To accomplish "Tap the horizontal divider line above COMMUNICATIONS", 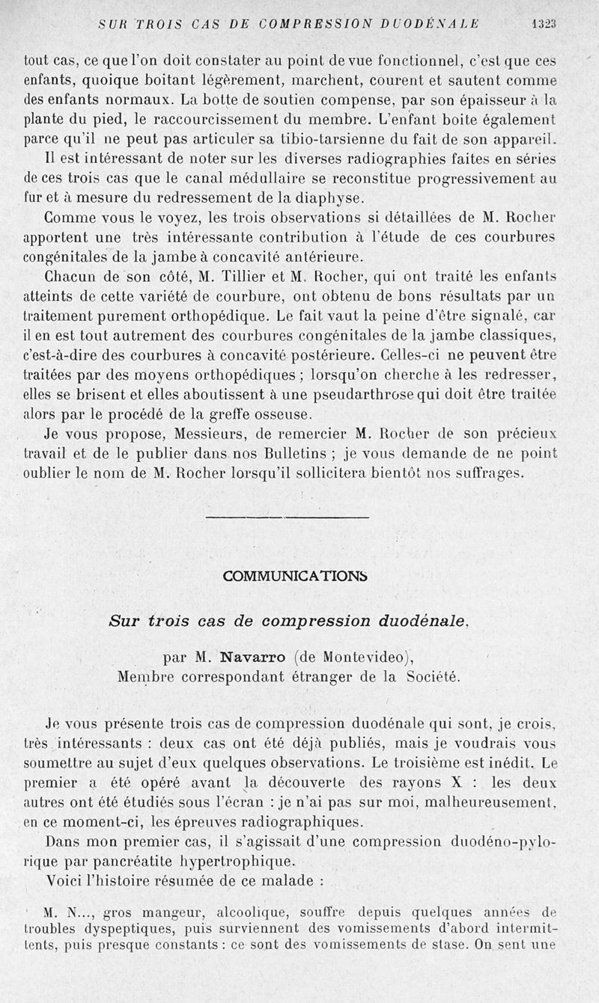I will [287, 517].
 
